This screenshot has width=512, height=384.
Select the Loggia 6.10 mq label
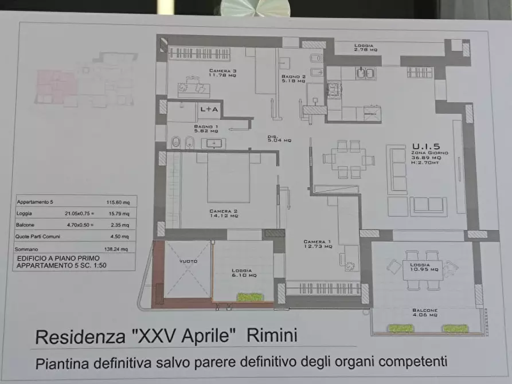243,273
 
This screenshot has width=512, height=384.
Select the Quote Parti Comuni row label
38,236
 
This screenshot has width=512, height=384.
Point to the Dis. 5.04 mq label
279,138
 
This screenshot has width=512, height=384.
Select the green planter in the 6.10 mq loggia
249,297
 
